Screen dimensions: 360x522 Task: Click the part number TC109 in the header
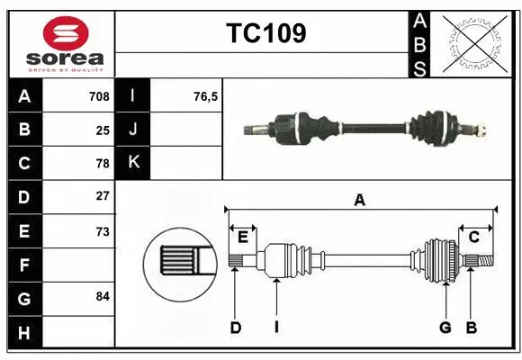(x=265, y=34)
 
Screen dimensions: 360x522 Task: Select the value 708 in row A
(x=99, y=96)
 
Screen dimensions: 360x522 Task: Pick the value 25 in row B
(x=102, y=130)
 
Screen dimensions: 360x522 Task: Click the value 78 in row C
(x=102, y=164)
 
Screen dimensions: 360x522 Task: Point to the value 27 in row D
(x=102, y=196)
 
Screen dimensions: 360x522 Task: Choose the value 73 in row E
(x=102, y=230)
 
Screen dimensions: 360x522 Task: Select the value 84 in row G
(x=102, y=297)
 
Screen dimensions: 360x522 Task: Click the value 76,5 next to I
(x=205, y=96)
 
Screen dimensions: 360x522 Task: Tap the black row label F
(x=24, y=265)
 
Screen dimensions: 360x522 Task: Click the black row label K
(x=134, y=163)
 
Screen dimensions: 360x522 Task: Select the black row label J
(x=134, y=130)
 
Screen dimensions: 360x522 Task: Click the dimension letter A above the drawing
(x=360, y=201)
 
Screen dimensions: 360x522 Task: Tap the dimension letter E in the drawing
(x=243, y=237)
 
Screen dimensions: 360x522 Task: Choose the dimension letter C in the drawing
(x=473, y=237)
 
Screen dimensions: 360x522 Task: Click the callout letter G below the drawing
(x=445, y=328)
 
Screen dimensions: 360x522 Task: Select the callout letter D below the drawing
(x=236, y=328)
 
